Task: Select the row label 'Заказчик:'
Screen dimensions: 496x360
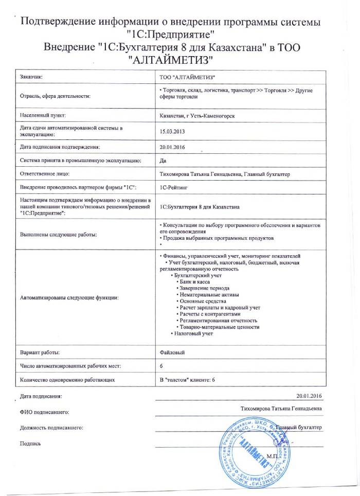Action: point(31,77)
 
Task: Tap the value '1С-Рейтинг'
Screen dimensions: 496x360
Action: point(175,188)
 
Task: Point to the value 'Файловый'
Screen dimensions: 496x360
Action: point(172,352)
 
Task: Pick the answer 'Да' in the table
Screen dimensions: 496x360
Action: point(164,161)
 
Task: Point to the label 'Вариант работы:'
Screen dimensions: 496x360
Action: point(40,352)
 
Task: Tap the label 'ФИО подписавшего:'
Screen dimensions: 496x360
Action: point(44,412)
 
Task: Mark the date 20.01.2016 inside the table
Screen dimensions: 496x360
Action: point(172,147)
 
